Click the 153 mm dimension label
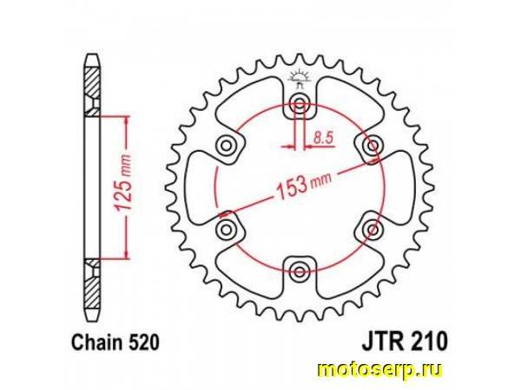coord(303,185)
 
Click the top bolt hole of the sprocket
coord(300,104)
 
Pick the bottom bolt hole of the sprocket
coord(300,271)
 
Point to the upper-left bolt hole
coord(227,146)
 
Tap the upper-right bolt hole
coord(373,146)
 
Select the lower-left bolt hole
coord(227,229)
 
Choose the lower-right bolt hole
coord(373,229)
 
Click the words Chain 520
coord(115,343)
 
